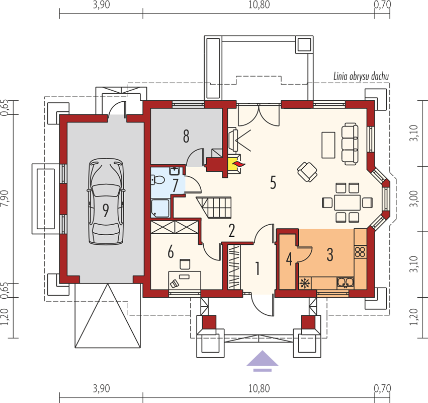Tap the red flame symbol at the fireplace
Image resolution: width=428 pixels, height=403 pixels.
[238, 164]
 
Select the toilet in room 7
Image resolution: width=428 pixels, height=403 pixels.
[157, 180]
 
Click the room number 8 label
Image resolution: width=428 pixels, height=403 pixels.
[186, 136]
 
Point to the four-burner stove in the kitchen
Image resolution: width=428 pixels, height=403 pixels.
[360, 252]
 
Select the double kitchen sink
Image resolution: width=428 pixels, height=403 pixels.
[346, 283]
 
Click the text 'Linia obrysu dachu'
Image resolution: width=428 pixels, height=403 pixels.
[361, 77]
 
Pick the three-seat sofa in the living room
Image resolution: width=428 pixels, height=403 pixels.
[350, 144]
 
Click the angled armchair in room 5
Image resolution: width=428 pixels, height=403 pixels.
[307, 172]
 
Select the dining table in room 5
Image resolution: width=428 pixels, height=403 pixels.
[347, 203]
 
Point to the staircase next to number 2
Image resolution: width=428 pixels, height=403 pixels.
[214, 207]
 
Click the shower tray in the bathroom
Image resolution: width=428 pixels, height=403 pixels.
[160, 209]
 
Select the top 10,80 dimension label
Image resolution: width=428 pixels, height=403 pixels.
[259, 5]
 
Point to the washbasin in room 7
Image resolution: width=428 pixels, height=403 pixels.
[174, 171]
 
